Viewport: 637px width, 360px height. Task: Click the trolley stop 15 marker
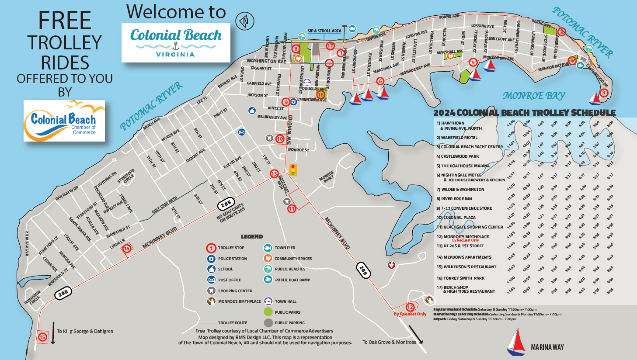pyautogui.click(x=42, y=337)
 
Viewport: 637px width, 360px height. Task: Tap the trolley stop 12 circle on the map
pyautogui.click(x=410, y=307)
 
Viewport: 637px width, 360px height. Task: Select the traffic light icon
pyautogui.click(x=292, y=170)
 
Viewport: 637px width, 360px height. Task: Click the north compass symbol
pyautogui.click(x=245, y=21)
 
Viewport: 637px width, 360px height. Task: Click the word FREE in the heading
pyautogui.click(x=65, y=21)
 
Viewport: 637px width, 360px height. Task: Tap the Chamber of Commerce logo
pyautogui.click(x=64, y=121)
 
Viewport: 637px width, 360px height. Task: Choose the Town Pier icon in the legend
pyautogui.click(x=268, y=248)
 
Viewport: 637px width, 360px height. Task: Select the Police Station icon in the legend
pyautogui.click(x=211, y=259)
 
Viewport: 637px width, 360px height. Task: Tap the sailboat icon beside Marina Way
pyautogui.click(x=516, y=342)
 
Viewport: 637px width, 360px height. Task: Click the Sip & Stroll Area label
pyautogui.click(x=324, y=31)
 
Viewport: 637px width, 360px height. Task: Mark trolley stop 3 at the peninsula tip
pyautogui.click(x=604, y=93)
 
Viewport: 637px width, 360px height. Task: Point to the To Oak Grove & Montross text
pyautogui.click(x=389, y=342)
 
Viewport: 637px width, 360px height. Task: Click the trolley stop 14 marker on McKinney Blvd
pyautogui.click(x=126, y=249)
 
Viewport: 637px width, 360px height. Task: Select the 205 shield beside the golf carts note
pyautogui.click(x=226, y=204)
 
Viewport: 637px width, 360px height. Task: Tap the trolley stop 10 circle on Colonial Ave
pyautogui.click(x=280, y=139)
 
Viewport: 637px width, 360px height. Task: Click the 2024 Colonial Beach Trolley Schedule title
pyautogui.click(x=524, y=113)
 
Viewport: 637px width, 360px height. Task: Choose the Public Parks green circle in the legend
pyautogui.click(x=268, y=312)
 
